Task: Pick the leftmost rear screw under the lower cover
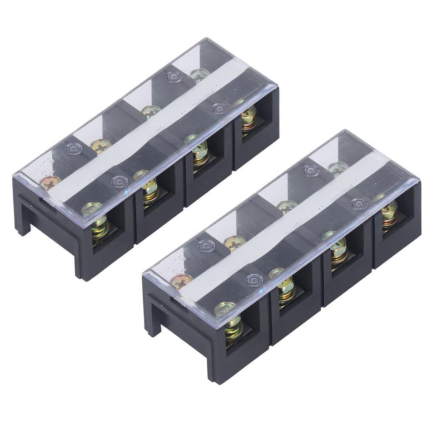(181, 280)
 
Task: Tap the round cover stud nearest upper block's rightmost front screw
(219, 109)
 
